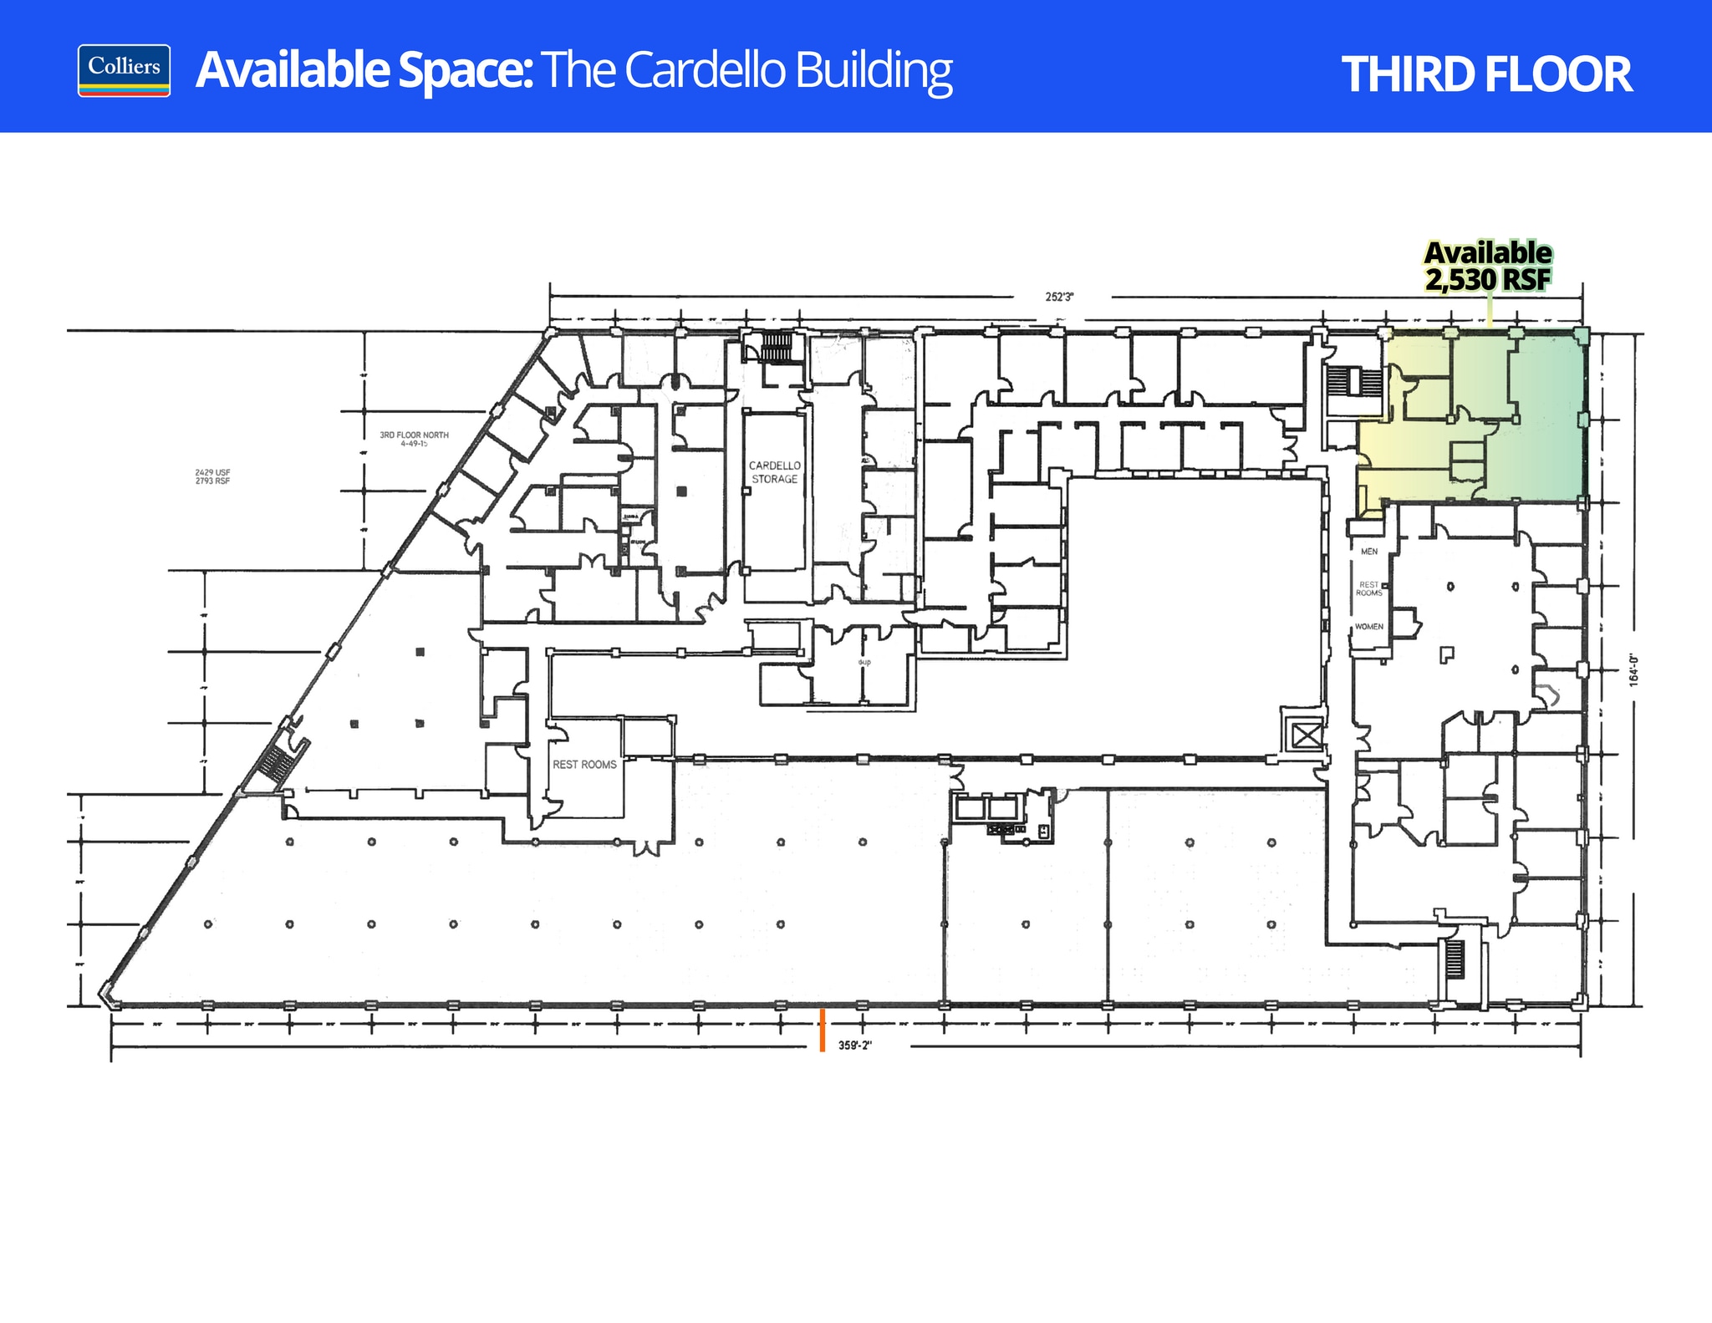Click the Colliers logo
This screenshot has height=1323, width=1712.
(x=124, y=70)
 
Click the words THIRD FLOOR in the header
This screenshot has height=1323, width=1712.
(x=1485, y=74)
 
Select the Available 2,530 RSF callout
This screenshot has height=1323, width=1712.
(x=1488, y=267)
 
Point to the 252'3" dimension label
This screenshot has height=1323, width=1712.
(x=1059, y=297)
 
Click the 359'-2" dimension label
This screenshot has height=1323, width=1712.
(x=855, y=1046)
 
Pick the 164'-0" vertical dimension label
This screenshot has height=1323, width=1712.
(x=1633, y=670)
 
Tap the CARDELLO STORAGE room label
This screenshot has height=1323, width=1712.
(x=774, y=472)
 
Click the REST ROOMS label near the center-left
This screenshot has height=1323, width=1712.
(x=584, y=765)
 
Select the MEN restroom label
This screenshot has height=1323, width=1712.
(x=1369, y=552)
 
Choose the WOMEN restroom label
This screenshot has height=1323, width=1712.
(x=1369, y=627)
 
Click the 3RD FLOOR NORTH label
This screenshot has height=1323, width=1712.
(x=414, y=439)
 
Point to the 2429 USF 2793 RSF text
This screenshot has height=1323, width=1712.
(x=212, y=476)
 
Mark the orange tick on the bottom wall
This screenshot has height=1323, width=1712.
(x=823, y=1029)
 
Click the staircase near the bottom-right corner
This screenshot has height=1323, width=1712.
(x=1455, y=959)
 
